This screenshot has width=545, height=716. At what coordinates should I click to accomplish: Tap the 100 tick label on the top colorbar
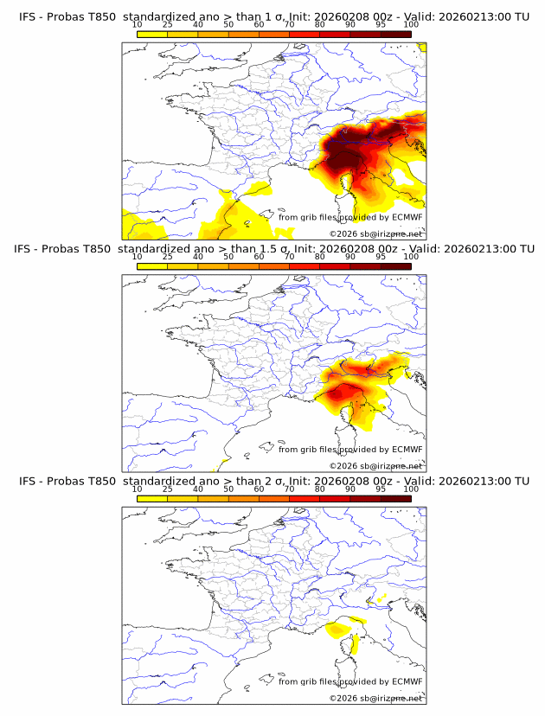click(x=411, y=25)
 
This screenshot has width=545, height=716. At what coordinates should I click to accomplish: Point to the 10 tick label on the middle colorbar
click(x=137, y=257)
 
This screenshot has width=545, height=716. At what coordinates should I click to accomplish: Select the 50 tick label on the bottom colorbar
click(x=228, y=489)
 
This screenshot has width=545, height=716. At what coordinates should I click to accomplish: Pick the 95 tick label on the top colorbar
click(x=381, y=25)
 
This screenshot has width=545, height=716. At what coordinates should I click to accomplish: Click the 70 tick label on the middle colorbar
click(x=289, y=257)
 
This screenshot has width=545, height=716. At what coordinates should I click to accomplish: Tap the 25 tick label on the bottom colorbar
click(x=167, y=489)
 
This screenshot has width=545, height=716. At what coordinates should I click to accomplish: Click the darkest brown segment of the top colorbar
click(x=395, y=35)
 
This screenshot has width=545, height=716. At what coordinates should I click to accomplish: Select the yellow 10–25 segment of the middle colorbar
click(x=152, y=266)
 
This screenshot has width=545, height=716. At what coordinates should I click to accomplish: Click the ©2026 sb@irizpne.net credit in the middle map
click(x=375, y=465)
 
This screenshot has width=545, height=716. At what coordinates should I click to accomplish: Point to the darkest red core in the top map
click(x=345, y=157)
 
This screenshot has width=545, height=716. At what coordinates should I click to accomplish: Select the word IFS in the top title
click(x=27, y=16)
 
